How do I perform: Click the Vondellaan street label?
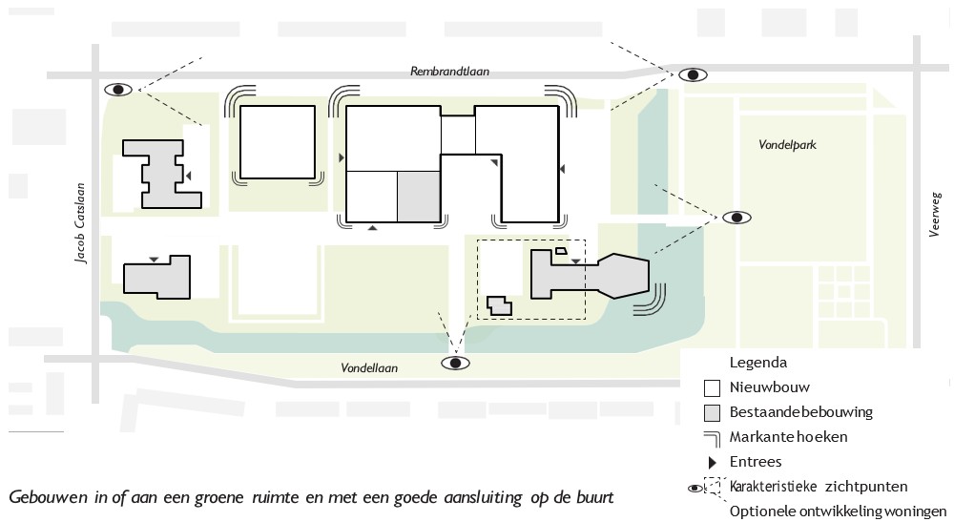[369, 367]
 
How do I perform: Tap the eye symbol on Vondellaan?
[456, 363]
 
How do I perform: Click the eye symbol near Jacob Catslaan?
[119, 89]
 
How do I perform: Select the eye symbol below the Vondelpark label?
[736, 218]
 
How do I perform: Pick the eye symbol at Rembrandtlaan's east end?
[693, 74]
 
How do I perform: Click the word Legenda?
[757, 363]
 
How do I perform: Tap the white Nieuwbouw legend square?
[711, 388]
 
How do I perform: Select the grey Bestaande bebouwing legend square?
[711, 413]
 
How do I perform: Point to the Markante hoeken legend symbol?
[711, 437]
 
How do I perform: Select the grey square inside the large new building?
[418, 196]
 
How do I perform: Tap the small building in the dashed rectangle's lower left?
[497, 305]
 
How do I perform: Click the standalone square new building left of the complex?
[277, 142]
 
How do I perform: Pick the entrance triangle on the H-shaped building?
[190, 175]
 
